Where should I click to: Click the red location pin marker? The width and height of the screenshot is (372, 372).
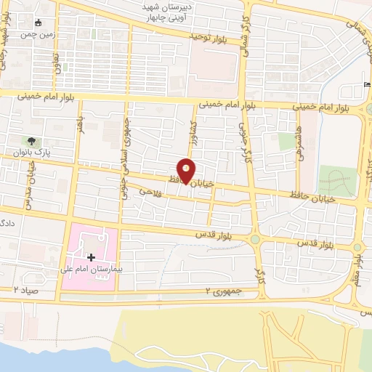point(187,171)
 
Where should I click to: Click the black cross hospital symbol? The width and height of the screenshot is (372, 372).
point(91,256)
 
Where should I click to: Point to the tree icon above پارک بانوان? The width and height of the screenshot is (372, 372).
point(31,141)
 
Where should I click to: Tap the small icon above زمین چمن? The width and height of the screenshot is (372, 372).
point(39,22)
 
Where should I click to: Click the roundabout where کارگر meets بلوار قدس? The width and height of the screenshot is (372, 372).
point(255,240)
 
